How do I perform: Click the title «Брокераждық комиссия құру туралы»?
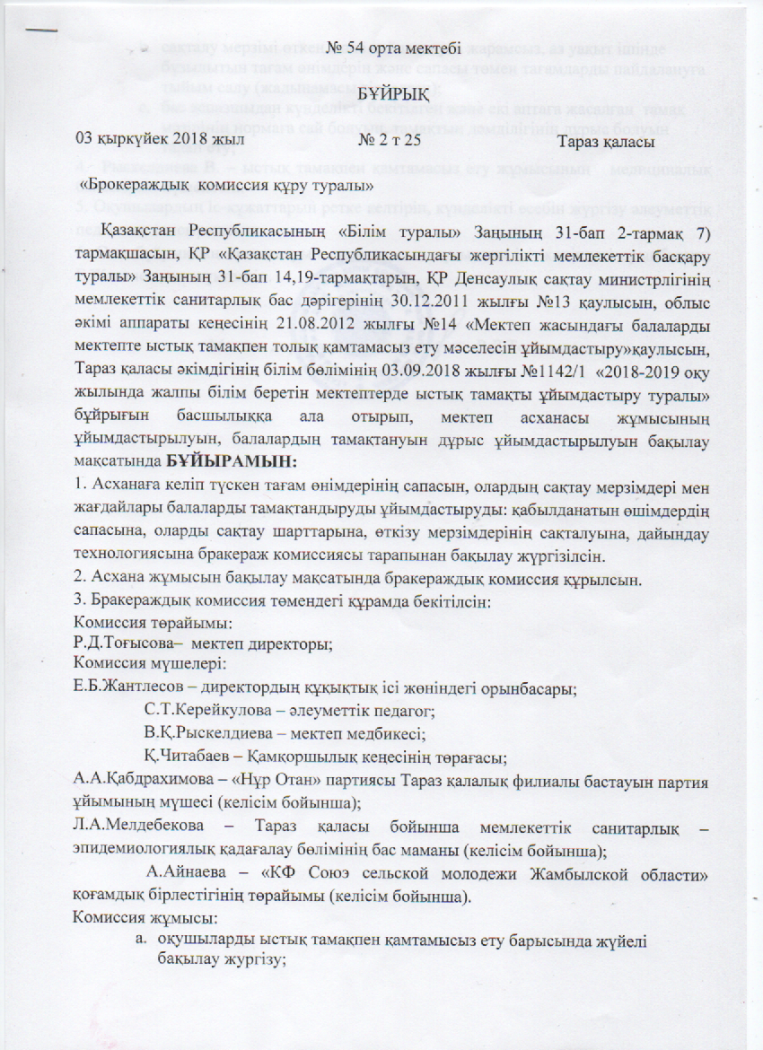pos(227,187)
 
